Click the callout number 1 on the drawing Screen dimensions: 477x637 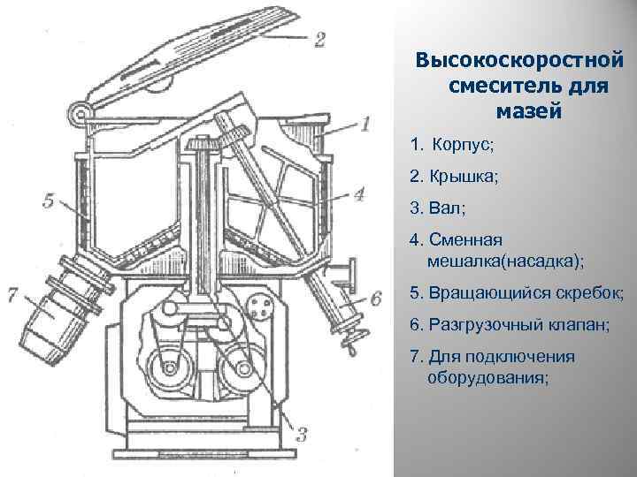[365, 124]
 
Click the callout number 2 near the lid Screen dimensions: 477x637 [319, 40]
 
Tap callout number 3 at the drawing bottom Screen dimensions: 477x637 [300, 434]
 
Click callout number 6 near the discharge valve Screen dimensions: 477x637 [375, 299]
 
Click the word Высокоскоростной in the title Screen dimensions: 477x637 [520, 62]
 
